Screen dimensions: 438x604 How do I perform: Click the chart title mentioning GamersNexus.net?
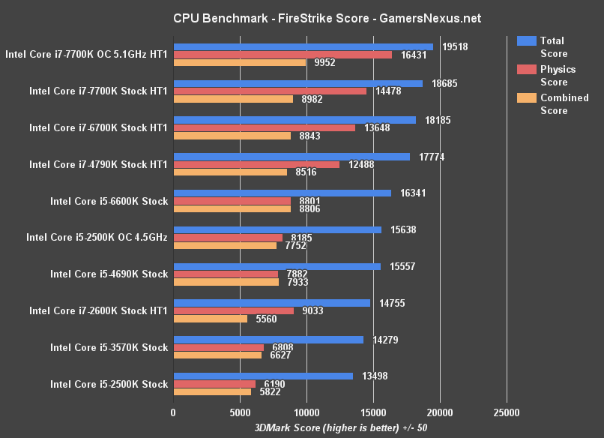pos(302,18)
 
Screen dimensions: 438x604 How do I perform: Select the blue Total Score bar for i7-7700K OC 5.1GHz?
pos(303,46)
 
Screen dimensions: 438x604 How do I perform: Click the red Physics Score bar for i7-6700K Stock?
pos(264,127)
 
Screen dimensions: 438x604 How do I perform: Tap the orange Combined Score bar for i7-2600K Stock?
pos(210,319)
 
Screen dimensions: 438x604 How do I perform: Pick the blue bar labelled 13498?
pos(262,376)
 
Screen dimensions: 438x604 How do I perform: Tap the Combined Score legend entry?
pos(553,104)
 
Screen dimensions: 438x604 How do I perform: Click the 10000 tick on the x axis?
pos(306,412)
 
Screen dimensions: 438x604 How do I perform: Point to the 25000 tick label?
pos(506,412)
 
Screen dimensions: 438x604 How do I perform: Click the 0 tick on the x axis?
pos(173,412)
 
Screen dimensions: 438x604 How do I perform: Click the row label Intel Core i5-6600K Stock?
pos(109,201)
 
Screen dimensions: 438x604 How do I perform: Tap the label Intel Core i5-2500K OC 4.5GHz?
pos(97,237)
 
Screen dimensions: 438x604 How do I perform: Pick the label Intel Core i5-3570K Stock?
pos(109,347)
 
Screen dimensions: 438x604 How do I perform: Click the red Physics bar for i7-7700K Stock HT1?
pos(270,91)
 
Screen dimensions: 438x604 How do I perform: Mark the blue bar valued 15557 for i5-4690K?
pos(277,266)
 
